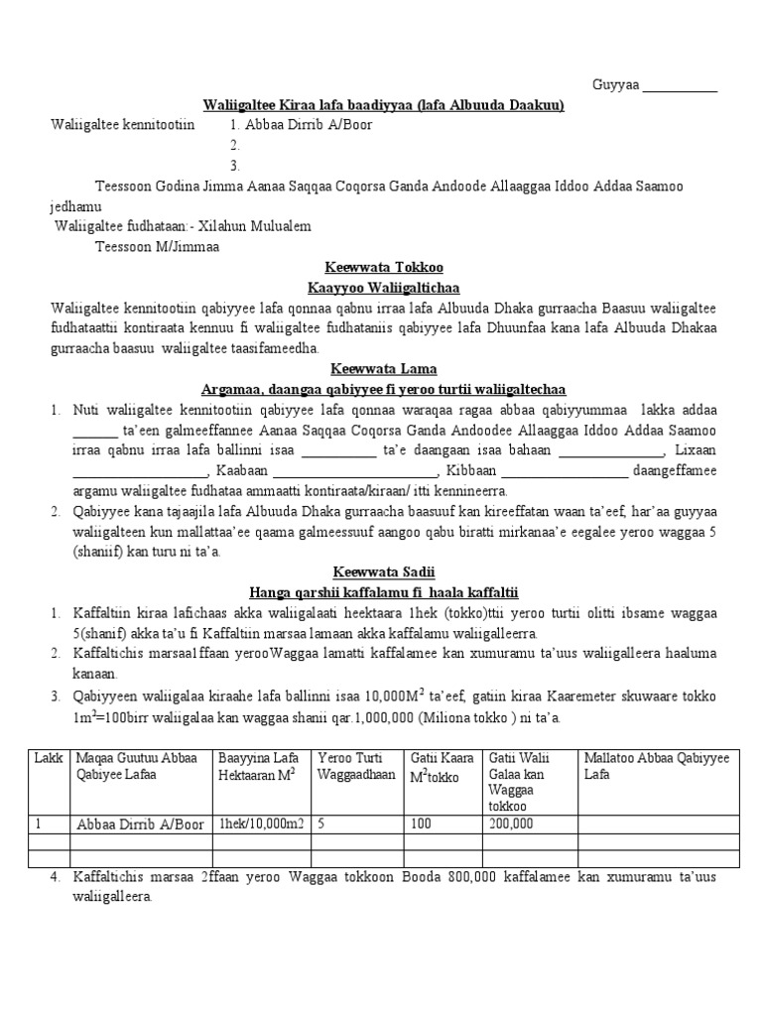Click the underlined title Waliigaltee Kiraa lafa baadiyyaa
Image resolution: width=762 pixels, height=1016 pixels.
(383, 106)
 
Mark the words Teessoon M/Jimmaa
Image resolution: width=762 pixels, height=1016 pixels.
(157, 246)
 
